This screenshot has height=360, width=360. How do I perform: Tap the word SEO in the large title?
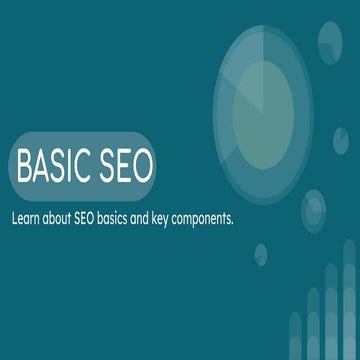(x=122, y=160)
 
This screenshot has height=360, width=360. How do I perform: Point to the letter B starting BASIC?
(x=25, y=160)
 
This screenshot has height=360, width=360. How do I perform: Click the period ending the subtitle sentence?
(x=233, y=216)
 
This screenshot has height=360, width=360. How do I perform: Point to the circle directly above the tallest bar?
(x=319, y=210)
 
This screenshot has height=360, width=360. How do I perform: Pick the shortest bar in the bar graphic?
(x=296, y=340)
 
